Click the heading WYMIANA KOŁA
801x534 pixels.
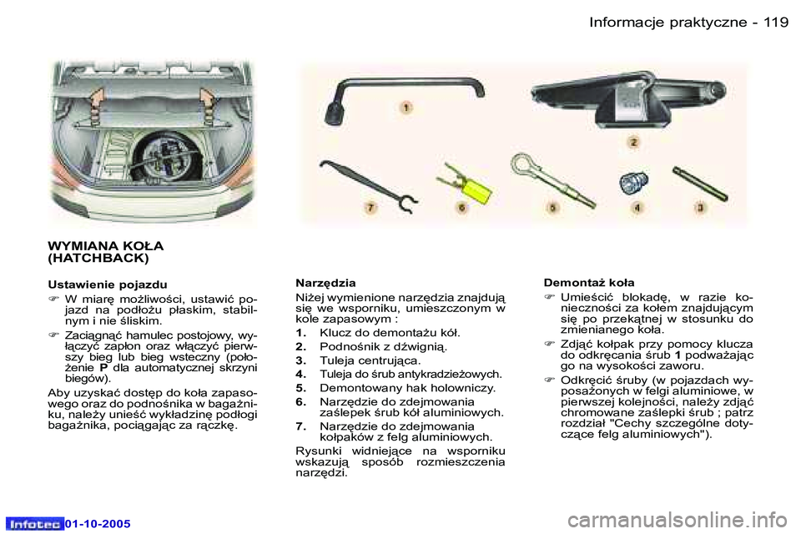[x=106, y=247]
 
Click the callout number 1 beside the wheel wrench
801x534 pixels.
[x=406, y=108]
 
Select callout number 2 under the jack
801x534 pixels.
[x=633, y=143]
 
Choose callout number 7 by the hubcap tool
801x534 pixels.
[x=368, y=206]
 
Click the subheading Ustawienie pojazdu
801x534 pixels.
[x=108, y=284]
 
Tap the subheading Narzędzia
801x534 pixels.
[x=326, y=283]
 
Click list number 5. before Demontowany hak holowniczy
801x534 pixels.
[x=302, y=388]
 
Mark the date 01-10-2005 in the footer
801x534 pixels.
[x=98, y=523]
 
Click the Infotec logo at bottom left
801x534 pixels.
[x=34, y=523]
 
